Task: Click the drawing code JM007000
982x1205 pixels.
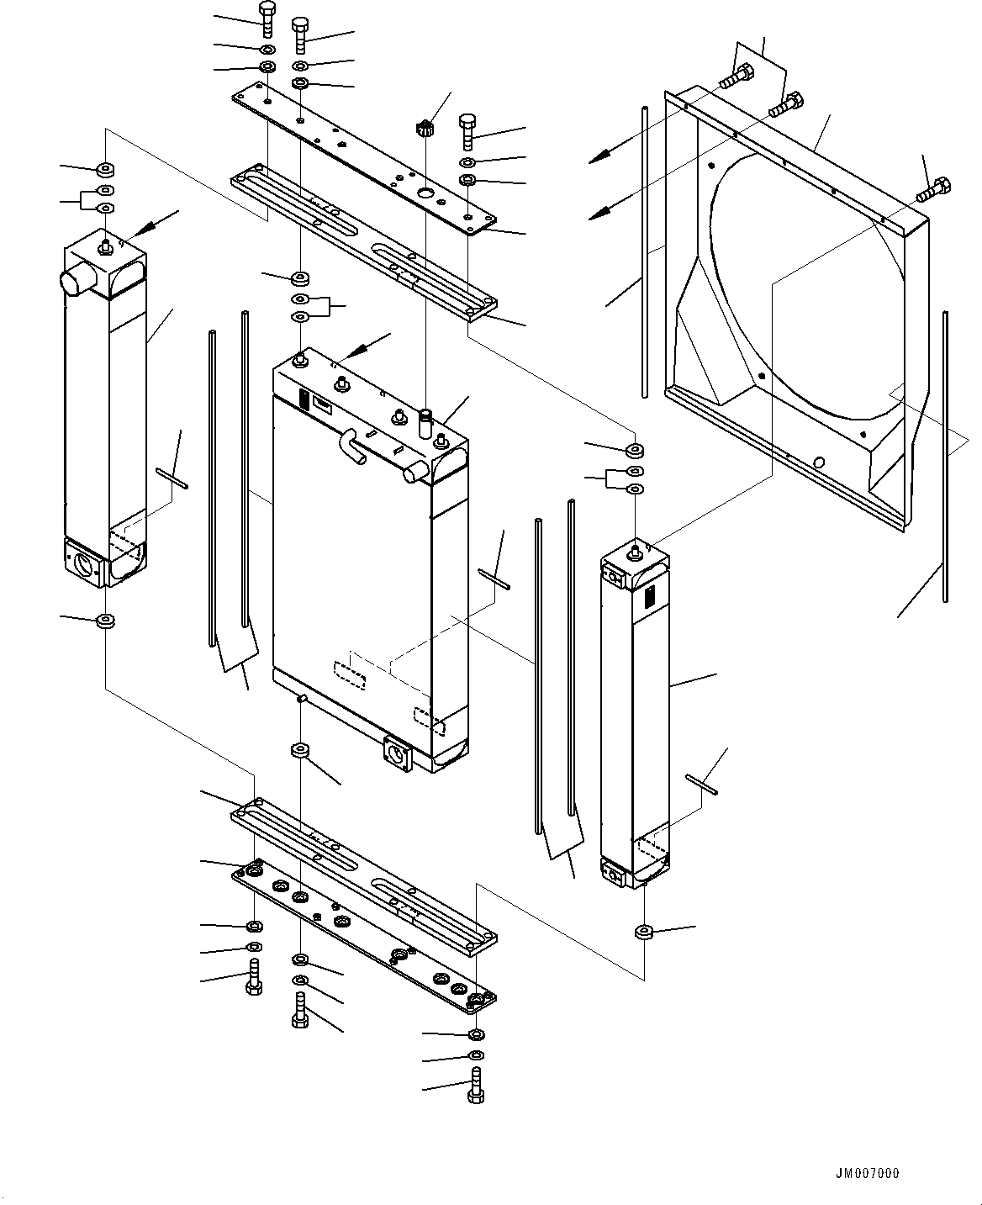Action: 867,1173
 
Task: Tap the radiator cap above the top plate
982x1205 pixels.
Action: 425,129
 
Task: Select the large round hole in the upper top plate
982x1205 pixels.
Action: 425,193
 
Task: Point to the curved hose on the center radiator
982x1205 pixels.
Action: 352,446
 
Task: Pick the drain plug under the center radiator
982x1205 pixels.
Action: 302,700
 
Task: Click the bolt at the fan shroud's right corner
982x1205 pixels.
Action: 933,189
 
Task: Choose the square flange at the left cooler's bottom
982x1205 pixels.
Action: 85,563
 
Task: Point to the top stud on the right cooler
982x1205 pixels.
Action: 636,551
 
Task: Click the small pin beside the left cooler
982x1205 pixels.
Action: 172,478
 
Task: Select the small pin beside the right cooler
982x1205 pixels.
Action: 701,785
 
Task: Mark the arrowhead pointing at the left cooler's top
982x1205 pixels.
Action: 143,229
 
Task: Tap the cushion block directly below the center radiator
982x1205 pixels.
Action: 300,751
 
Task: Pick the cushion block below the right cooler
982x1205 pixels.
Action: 644,932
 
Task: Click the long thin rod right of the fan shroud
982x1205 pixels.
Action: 945,457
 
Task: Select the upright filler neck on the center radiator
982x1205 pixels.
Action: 425,424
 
